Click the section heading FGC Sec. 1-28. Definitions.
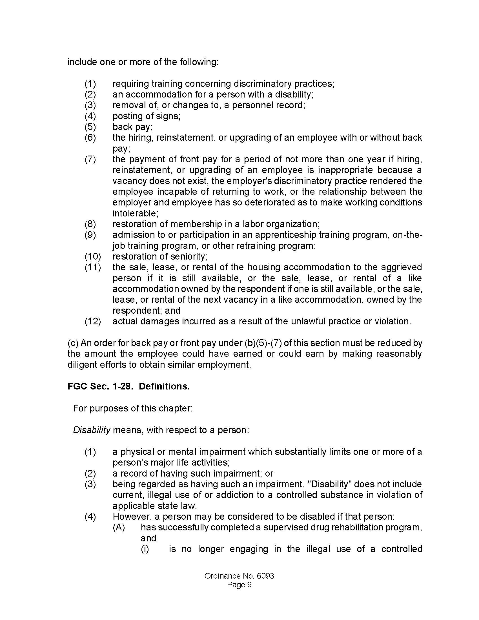pyautogui.click(x=128, y=386)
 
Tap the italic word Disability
pyautogui.click(x=91, y=430)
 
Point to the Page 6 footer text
pyautogui.click(x=239, y=584)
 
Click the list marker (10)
pyautogui.click(x=93, y=256)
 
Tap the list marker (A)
pyautogui.click(x=119, y=527)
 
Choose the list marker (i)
pyautogui.click(x=145, y=549)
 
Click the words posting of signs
pyautogui.click(x=146, y=116)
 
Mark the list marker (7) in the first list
pyautogui.click(x=90, y=159)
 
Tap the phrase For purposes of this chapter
pyautogui.click(x=133, y=408)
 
